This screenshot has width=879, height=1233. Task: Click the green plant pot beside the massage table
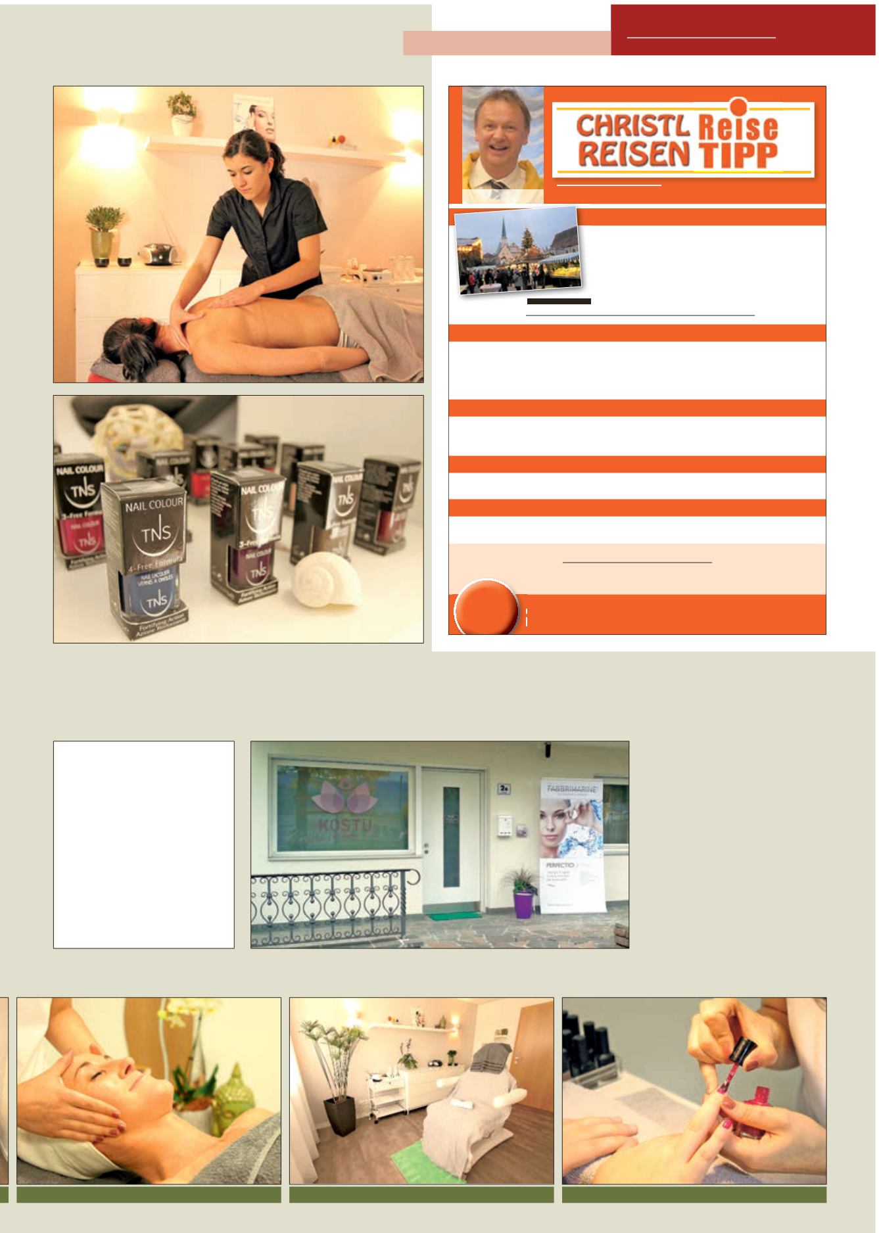(x=104, y=244)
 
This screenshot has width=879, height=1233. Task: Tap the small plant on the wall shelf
(x=181, y=112)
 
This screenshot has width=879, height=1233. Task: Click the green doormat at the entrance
(x=454, y=916)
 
